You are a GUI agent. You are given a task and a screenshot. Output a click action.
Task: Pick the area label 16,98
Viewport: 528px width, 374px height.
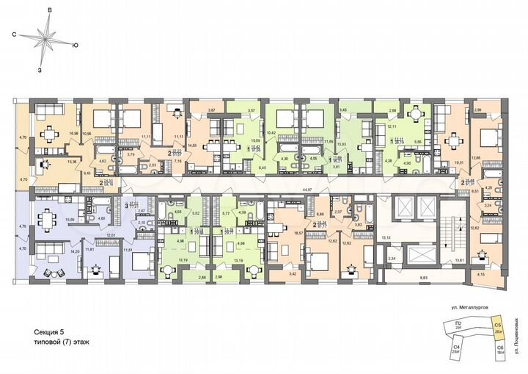(x=73, y=134)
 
